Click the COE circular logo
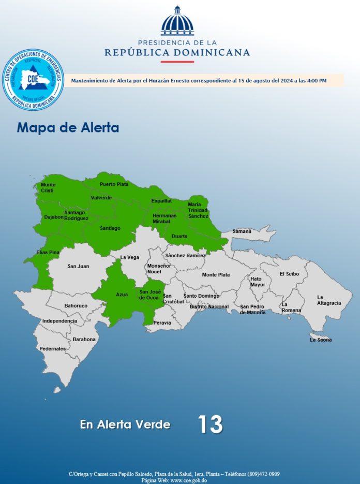tap(33, 80)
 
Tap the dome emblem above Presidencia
tap(177, 21)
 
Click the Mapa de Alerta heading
tap(68, 127)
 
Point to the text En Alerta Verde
tap(125, 424)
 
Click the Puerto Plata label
tap(114, 184)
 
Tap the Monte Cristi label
tap(48, 187)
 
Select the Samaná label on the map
tap(242, 231)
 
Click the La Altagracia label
tap(329, 300)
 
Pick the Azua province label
tap(122, 295)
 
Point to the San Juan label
tap(78, 266)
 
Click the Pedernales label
tap(53, 348)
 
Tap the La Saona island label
tap(321, 340)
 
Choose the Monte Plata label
tap(216, 274)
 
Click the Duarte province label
tap(179, 236)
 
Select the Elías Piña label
tap(48, 252)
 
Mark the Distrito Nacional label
tap(209, 306)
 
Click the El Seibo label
tap(289, 274)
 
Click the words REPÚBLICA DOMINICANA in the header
tap(177, 52)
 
